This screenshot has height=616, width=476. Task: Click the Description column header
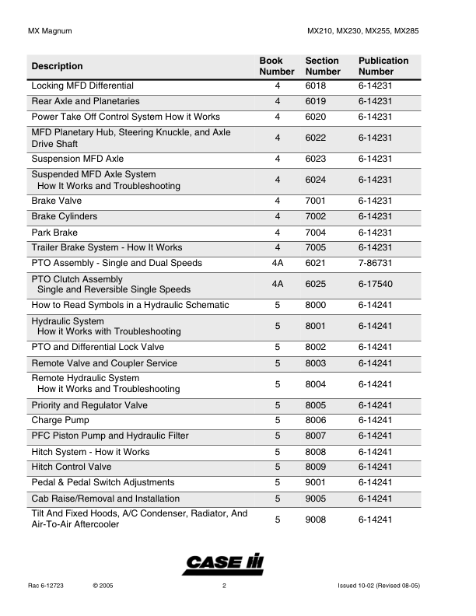(57, 66)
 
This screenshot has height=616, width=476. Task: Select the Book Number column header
(277, 66)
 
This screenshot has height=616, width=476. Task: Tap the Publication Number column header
(383, 66)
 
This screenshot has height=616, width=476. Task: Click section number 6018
(317, 86)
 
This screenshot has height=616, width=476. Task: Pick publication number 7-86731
(376, 263)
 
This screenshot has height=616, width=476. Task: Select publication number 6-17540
(376, 284)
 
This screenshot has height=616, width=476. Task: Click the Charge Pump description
(60, 420)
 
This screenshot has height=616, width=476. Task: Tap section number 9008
(317, 520)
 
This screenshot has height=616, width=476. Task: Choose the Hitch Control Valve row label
(71, 467)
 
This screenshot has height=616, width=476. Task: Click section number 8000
(317, 305)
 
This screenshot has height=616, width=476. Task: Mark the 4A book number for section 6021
(277, 263)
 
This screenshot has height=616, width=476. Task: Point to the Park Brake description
(54, 233)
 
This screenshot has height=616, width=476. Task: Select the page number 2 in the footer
(224, 585)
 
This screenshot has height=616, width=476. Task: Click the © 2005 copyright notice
(103, 585)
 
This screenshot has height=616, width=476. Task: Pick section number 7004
(317, 233)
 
